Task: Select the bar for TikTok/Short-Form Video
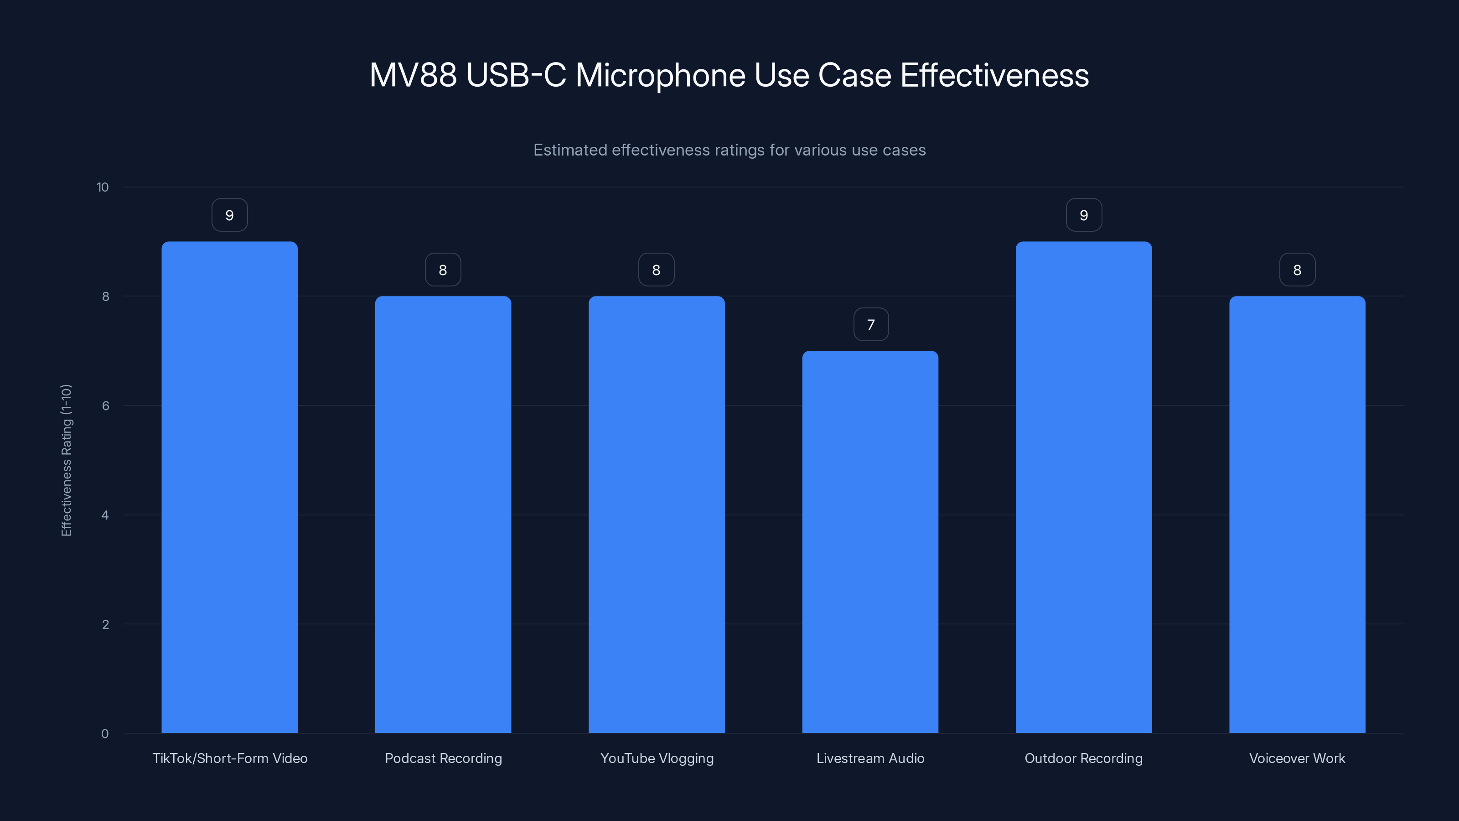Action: [229, 487]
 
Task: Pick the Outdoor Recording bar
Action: [1083, 487]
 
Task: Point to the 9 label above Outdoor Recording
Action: [1083, 215]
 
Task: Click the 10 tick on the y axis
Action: [103, 187]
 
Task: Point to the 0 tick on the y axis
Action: [105, 734]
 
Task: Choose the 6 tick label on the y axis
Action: [105, 405]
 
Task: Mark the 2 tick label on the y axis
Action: [105, 624]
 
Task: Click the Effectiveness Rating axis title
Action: [66, 460]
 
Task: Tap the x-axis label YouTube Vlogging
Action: [657, 758]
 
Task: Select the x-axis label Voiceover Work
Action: [1297, 758]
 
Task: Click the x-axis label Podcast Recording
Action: [443, 758]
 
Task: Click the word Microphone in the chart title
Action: [660, 75]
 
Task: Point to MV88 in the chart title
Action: [413, 75]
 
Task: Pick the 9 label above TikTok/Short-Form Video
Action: [229, 215]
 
